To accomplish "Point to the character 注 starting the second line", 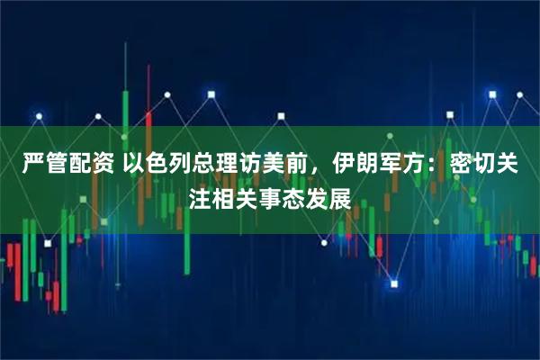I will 203,196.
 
